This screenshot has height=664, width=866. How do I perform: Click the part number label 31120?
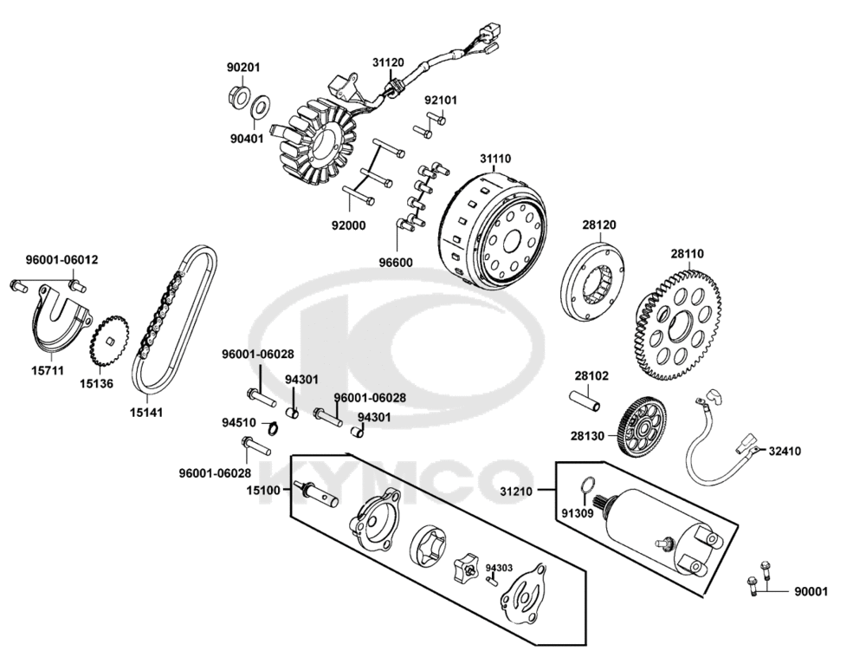(388, 62)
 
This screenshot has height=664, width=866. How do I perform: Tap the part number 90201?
(243, 68)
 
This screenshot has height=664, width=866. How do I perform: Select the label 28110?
(687, 254)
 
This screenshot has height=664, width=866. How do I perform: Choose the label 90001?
(811, 592)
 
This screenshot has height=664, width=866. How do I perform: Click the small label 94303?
(499, 568)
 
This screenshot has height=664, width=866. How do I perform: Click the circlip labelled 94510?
(271, 426)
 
